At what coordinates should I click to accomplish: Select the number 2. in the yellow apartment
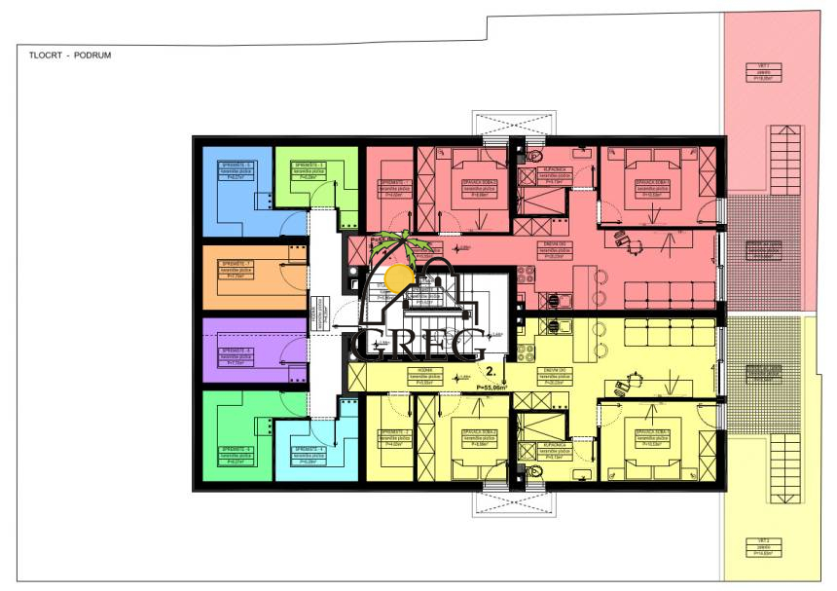click(x=492, y=372)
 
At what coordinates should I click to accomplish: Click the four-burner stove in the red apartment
click(x=555, y=301)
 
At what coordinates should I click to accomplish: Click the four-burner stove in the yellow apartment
click(x=555, y=327)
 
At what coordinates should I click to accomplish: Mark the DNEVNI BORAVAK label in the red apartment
click(x=555, y=254)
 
